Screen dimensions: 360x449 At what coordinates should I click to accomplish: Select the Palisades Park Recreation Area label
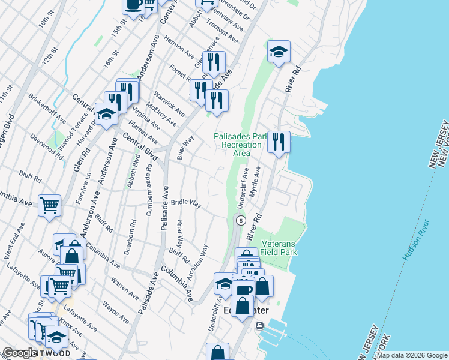[x=241, y=145]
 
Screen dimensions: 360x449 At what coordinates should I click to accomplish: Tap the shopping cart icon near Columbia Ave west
[x=49, y=205]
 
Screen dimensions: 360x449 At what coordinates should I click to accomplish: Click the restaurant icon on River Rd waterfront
[x=279, y=142]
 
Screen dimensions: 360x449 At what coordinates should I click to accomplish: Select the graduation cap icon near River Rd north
[x=279, y=52]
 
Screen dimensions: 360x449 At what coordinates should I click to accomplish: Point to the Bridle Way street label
[x=186, y=203]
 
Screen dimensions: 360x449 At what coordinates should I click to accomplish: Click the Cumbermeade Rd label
[x=149, y=182]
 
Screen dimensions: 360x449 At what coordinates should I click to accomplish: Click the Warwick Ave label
[x=169, y=104]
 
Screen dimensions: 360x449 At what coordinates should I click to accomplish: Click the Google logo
[x=20, y=353]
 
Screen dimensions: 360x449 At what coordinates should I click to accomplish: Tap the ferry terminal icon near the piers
[x=259, y=326]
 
